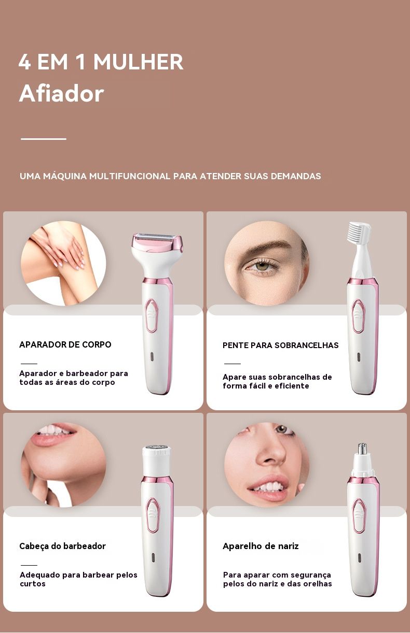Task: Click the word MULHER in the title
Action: pyautogui.click(x=139, y=62)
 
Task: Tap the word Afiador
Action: pyautogui.click(x=61, y=93)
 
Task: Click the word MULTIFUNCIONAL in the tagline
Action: pyautogui.click(x=130, y=176)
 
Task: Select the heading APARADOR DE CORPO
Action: pyautogui.click(x=65, y=344)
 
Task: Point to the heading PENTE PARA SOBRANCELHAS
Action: pyautogui.click(x=280, y=345)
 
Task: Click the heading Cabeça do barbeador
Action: pyautogui.click(x=62, y=546)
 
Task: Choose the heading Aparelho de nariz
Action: pyautogui.click(x=261, y=546)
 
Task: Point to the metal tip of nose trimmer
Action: pyautogui.click(x=362, y=448)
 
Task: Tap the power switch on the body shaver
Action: pyautogui.click(x=152, y=315)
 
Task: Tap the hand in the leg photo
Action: pyautogui.click(x=61, y=249)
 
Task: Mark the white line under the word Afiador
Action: pyautogui.click(x=44, y=139)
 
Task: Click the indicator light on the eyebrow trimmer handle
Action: pyautogui.click(x=359, y=356)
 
